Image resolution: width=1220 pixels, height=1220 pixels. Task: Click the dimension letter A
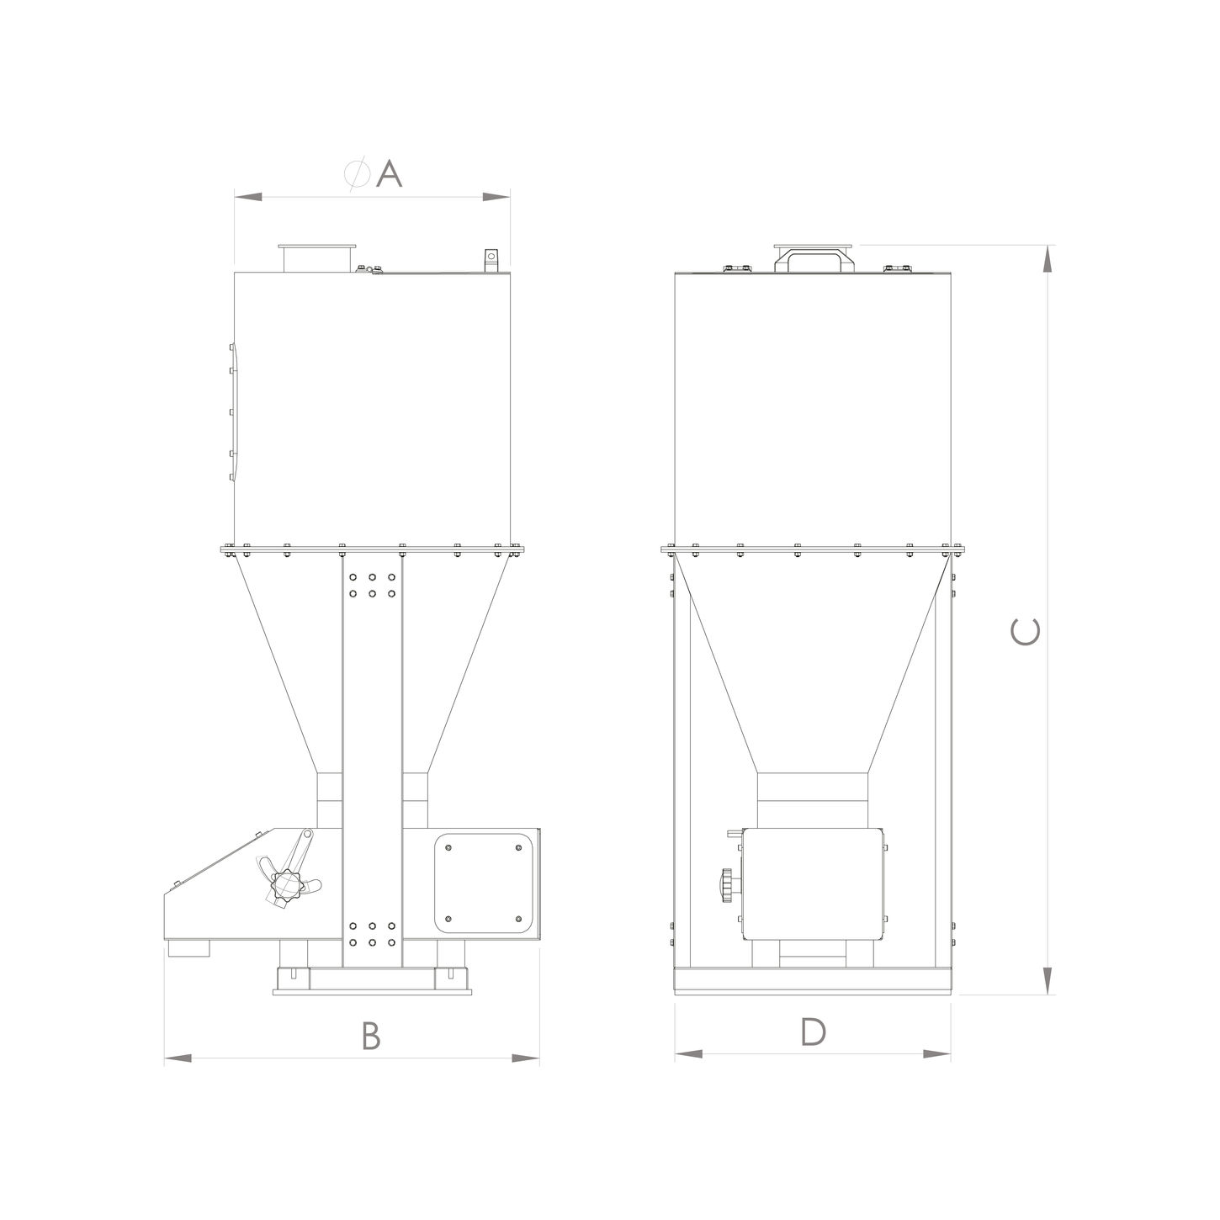389,173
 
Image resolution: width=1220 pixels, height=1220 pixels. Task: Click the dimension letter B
371,1036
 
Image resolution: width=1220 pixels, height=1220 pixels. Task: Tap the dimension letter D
813,1032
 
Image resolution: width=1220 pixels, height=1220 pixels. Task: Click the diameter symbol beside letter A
357,173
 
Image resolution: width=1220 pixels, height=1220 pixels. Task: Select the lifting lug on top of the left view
491,261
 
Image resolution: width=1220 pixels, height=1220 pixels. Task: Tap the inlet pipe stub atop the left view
317,259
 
